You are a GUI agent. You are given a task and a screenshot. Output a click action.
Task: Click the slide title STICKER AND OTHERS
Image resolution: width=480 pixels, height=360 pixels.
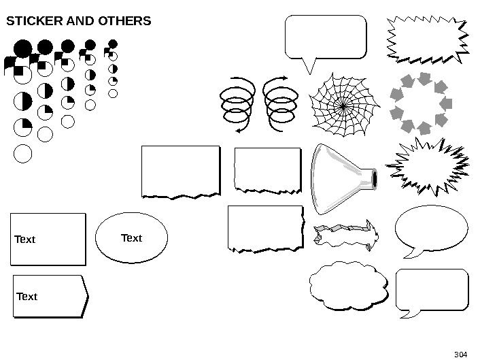pos(78,21)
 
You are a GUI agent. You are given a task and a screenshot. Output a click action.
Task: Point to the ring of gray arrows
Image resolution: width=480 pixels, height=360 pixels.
pos(422,102)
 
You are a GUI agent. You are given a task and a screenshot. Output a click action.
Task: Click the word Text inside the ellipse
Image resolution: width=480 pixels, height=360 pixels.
pos(131,238)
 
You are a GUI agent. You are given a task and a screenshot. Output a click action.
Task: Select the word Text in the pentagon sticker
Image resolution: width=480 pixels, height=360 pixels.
pos(27,297)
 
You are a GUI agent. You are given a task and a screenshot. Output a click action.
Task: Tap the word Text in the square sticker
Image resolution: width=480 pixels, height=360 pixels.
pos(25,240)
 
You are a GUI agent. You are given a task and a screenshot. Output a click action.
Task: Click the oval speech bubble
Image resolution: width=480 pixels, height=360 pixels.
pos(431,229)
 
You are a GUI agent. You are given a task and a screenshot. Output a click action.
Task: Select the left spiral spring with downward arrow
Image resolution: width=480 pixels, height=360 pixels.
pos(237,105)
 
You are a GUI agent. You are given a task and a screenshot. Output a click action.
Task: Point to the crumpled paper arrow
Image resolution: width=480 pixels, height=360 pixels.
pos(345,235)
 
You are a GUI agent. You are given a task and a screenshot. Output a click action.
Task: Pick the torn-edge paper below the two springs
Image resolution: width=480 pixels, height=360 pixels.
pos(267,169)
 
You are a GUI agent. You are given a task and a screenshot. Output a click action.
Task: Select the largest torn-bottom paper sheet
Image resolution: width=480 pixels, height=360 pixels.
pos(180,171)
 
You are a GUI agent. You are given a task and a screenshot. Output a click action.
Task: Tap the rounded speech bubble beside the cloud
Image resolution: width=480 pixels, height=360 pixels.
pos(431,291)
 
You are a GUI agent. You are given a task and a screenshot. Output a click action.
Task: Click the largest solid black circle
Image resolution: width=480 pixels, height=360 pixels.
pos(22,49)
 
